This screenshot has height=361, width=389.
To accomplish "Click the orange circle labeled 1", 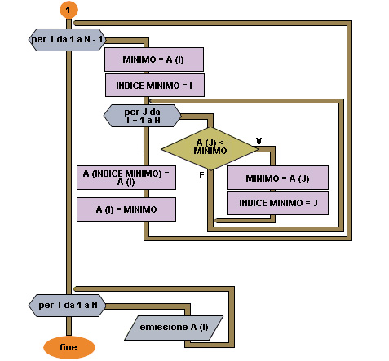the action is (x=69, y=10).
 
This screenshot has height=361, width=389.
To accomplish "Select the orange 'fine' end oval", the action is (x=69, y=347).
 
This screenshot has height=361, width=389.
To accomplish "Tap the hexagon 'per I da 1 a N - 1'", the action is (x=67, y=40).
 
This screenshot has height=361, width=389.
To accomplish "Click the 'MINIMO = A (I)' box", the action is (x=154, y=59).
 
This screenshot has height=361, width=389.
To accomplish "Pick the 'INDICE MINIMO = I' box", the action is (x=155, y=86).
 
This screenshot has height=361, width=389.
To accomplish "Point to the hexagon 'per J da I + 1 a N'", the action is (x=142, y=116).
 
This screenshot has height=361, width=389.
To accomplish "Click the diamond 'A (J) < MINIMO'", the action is (x=210, y=148).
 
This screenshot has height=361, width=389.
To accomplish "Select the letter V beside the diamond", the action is (x=259, y=141).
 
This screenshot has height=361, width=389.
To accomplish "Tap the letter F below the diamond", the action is (x=201, y=175).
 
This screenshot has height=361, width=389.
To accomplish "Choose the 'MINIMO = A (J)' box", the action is (x=277, y=178).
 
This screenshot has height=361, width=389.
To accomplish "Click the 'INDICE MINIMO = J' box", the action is (x=277, y=203).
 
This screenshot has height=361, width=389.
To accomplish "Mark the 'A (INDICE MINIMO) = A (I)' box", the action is (x=126, y=178).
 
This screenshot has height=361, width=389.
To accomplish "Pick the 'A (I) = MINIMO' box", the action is (x=126, y=209).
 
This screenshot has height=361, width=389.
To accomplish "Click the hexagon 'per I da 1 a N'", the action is (x=67, y=306).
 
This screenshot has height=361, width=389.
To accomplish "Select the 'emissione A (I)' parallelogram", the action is (x=174, y=328).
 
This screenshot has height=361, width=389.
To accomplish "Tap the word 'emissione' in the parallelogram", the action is (x=164, y=327).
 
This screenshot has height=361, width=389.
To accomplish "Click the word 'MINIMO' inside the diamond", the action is (x=210, y=151).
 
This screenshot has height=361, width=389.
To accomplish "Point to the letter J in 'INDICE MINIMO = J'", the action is (x=316, y=203).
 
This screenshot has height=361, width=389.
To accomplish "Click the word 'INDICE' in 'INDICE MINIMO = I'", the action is (x=130, y=86).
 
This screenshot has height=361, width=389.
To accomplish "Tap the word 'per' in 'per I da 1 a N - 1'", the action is (x=39, y=40).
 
